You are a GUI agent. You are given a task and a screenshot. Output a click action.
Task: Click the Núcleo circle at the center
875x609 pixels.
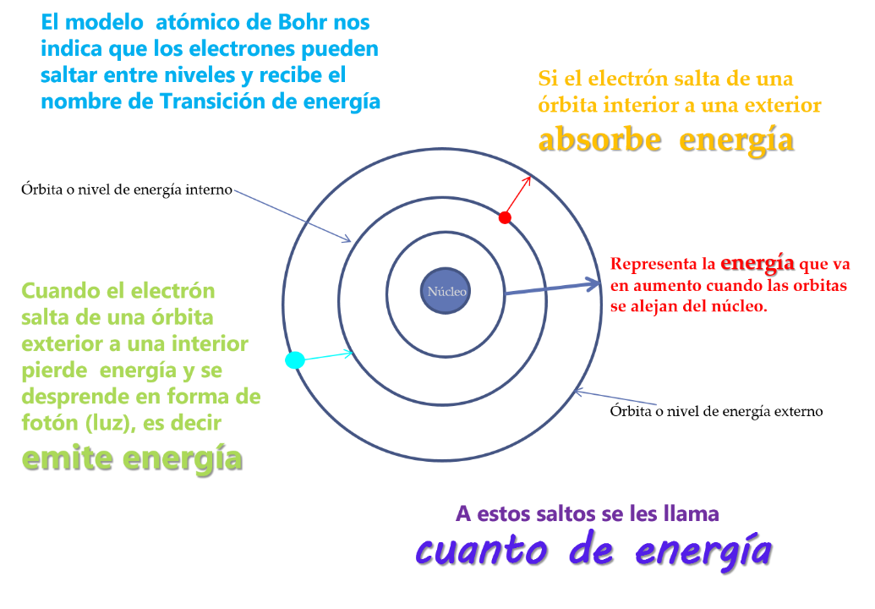tap(446, 292)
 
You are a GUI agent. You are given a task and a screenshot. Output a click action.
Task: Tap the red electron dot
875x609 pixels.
tap(505, 218)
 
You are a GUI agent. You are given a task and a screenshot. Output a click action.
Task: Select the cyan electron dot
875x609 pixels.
tap(295, 360)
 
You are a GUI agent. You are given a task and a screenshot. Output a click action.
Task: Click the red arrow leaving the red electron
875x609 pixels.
tap(518, 195)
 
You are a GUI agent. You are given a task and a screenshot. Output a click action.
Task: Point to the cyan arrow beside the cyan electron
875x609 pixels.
tap(328, 355)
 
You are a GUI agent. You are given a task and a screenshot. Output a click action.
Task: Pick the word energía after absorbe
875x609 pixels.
tap(736, 140)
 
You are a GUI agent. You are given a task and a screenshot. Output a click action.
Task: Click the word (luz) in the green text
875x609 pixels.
tap(107, 422)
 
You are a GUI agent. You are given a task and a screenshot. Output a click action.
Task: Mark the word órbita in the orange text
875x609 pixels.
tap(566, 107)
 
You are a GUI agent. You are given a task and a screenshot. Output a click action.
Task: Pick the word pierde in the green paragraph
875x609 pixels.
tap(55, 370)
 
